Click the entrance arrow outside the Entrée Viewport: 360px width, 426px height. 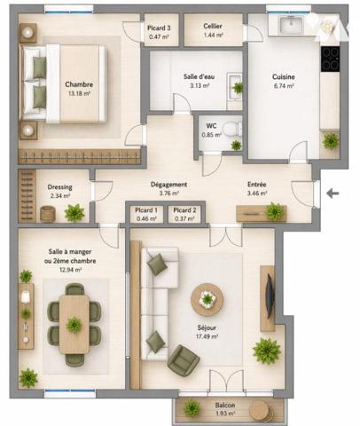pyautogui.click(x=333, y=193)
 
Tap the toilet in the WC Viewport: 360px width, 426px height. pyautogui.click(x=231, y=130)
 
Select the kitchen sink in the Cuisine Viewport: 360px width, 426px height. pyautogui.click(x=291, y=24)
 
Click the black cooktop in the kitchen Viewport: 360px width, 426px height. pyautogui.click(x=330, y=59)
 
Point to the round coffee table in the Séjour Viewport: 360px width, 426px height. pyautogui.click(x=207, y=299)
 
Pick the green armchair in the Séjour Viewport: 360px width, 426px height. pyautogui.click(x=184, y=360)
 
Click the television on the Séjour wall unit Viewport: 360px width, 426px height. pyautogui.click(x=270, y=296)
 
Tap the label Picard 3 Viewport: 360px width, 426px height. pyautogui.click(x=159, y=28)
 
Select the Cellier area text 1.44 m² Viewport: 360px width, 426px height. pyautogui.click(x=213, y=35)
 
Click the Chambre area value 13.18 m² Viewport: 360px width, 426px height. pyautogui.click(x=79, y=94)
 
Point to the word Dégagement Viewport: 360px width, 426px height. pyautogui.click(x=168, y=185)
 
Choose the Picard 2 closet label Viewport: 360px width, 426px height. pyautogui.click(x=184, y=210)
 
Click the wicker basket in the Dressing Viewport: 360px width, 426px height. pyautogui.click(x=48, y=214)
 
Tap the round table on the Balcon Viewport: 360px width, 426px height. pyautogui.click(x=259, y=411)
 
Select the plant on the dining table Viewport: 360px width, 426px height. pyautogui.click(x=74, y=325)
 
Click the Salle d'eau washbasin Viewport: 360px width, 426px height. pyautogui.click(x=234, y=87)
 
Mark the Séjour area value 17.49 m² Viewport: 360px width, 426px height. pyautogui.click(x=207, y=336)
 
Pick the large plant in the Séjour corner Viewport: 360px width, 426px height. pyautogui.click(x=267, y=351)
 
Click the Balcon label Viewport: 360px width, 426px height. pyautogui.click(x=225, y=406)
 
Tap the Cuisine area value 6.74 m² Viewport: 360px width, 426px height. pyautogui.click(x=284, y=86)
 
